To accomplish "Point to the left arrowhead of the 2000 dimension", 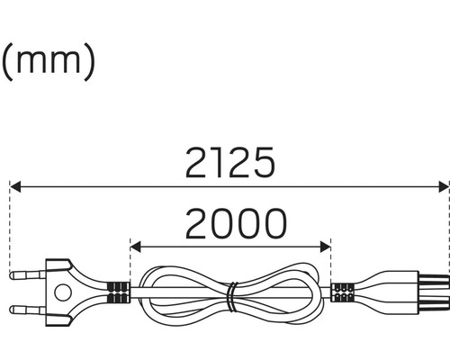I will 136,245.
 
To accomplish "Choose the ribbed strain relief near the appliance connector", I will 343,292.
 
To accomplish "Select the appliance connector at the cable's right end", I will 414,292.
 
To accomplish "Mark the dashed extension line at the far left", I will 9,225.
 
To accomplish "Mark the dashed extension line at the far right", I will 448,225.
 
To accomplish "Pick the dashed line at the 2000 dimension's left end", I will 130,261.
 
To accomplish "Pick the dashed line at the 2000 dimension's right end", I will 331,261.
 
